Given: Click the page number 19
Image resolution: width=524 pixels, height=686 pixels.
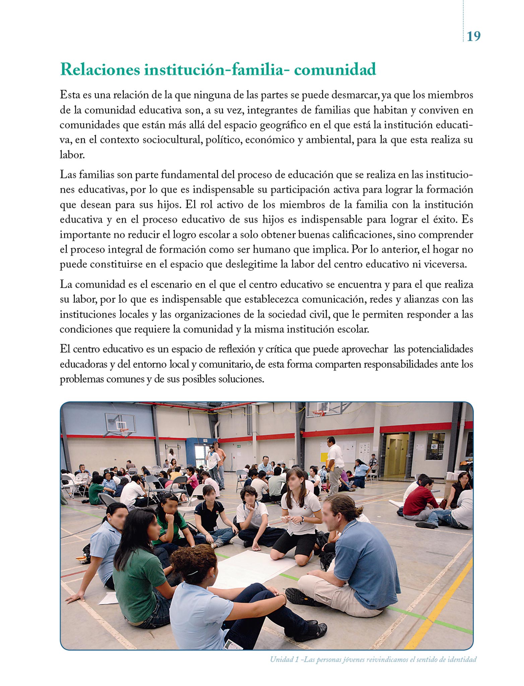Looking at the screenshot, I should (473, 36).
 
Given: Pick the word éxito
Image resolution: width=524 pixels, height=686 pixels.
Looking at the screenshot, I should (445, 219).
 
